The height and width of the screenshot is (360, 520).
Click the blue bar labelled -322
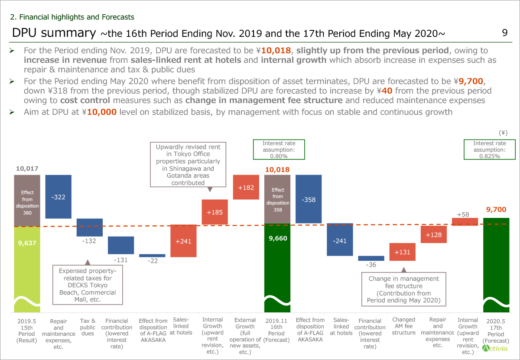click(x=58, y=197)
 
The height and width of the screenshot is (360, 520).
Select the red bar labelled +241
click(x=183, y=241)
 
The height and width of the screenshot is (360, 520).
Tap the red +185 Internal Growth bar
click(x=214, y=212)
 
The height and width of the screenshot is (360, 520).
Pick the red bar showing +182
click(x=246, y=187)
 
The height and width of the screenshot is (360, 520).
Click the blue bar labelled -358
click(x=309, y=199)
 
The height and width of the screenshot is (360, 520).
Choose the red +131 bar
click(x=402, y=252)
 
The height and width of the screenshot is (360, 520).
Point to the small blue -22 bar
click(x=152, y=256)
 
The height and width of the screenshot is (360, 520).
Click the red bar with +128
click(x=433, y=234)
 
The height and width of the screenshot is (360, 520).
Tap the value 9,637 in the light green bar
click(x=27, y=243)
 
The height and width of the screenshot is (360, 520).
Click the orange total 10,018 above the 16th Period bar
click(x=277, y=170)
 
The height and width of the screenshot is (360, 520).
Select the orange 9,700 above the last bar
click(x=496, y=210)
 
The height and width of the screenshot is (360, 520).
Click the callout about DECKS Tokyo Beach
click(x=88, y=285)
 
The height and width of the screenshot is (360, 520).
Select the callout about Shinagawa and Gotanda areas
click(x=188, y=165)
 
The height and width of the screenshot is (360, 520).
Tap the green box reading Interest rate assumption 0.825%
click(x=489, y=149)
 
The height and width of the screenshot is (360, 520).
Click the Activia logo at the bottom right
click(x=494, y=348)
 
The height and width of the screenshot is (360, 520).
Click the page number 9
click(x=504, y=33)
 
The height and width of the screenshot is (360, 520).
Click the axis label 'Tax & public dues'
click(x=88, y=327)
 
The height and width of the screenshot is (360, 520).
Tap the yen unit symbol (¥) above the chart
click(x=503, y=133)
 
